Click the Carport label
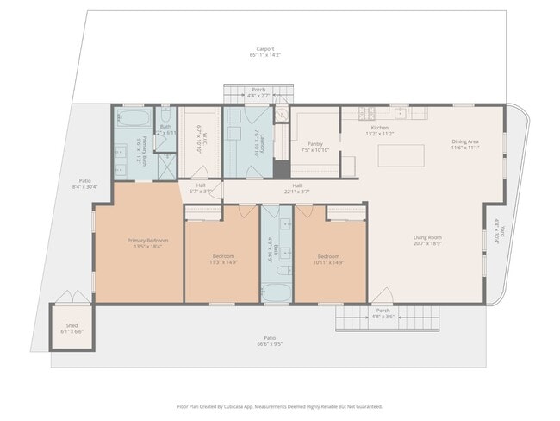[264, 49]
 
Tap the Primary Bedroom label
[147, 240]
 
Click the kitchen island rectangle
[402, 155]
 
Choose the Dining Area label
[465, 141]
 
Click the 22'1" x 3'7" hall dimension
[297, 191]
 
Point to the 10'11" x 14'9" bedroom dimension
[330, 261]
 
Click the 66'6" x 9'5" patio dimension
[270, 342]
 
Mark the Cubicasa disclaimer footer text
[279, 406]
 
